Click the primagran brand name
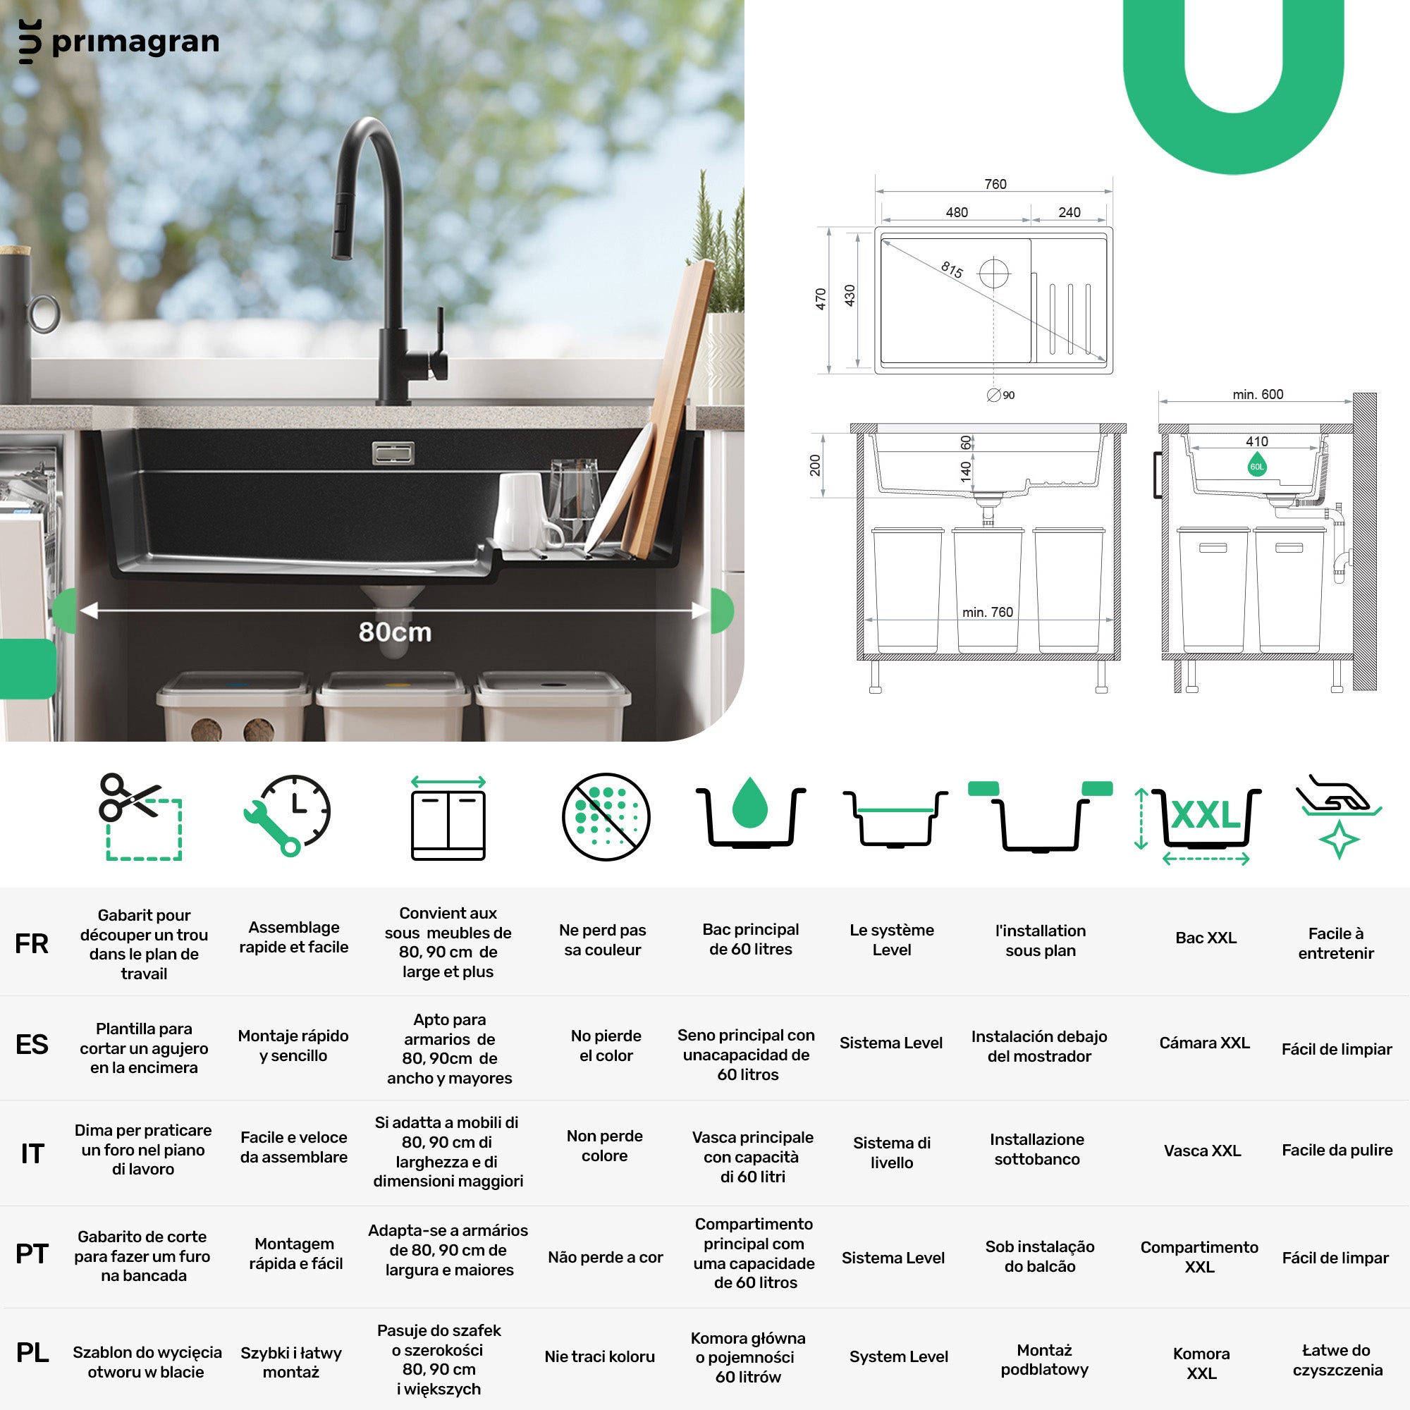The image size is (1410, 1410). [136, 42]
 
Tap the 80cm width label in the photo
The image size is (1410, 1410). [395, 632]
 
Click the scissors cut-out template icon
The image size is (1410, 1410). [140, 816]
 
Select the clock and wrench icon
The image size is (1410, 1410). [287, 815]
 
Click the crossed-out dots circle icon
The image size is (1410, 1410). [606, 816]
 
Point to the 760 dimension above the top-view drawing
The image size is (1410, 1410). [995, 184]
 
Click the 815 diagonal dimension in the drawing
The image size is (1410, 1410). [952, 269]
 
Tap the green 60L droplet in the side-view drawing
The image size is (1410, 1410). [1257, 464]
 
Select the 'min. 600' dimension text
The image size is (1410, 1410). [1258, 394]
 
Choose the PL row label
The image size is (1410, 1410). [32, 1352]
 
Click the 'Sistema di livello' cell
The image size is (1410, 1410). [892, 1153]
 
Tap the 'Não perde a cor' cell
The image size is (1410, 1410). [606, 1257]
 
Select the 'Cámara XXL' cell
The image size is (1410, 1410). [1204, 1043]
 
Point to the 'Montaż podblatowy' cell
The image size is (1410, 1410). [1044, 1360]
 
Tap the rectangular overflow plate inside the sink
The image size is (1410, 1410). [393, 453]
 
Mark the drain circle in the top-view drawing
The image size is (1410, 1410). [994, 274]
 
